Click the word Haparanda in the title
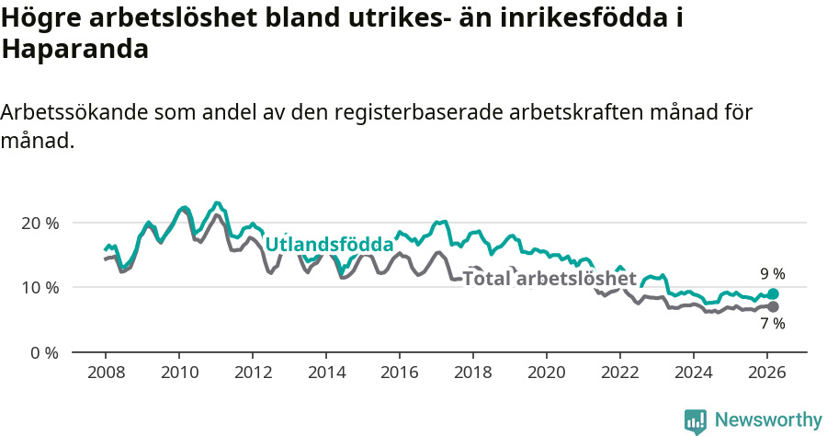pyautogui.click(x=75, y=50)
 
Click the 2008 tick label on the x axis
pyautogui.click(x=105, y=373)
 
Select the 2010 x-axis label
pyautogui.click(x=178, y=373)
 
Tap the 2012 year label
pyautogui.click(x=252, y=373)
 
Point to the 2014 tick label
pyautogui.click(x=325, y=373)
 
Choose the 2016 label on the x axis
pyautogui.click(x=400, y=373)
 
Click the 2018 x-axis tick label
pyautogui.click(x=473, y=373)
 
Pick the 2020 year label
pyautogui.click(x=547, y=373)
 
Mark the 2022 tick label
pyautogui.click(x=620, y=373)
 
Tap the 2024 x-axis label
pyautogui.click(x=694, y=373)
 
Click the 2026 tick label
pyautogui.click(x=767, y=373)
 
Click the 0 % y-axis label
pyautogui.click(x=44, y=351)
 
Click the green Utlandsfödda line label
pyautogui.click(x=329, y=245)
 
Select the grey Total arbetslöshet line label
pyautogui.click(x=549, y=279)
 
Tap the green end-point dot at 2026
pyautogui.click(x=773, y=293)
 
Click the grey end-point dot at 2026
pyautogui.click(x=773, y=306)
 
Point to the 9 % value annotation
pyautogui.click(x=772, y=274)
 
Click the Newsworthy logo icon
pyautogui.click(x=696, y=420)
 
